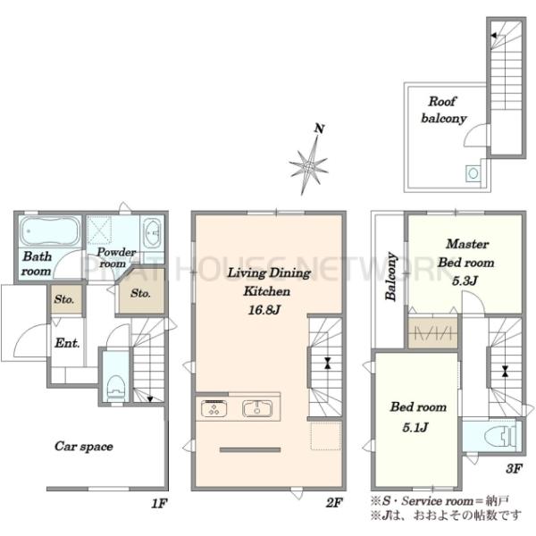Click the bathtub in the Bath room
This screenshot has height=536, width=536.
pyautogui.click(x=50, y=231)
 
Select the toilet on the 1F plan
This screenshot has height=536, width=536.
pyautogui.click(x=116, y=389)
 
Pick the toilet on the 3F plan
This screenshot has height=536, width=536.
pyautogui.click(x=500, y=437)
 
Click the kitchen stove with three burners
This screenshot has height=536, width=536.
pyautogui.click(x=214, y=408)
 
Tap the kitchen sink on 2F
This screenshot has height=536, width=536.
pyautogui.click(x=257, y=408)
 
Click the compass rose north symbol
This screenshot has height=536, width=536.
pyautogui.click(x=309, y=166)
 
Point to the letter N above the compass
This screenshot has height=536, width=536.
pyautogui.click(x=319, y=129)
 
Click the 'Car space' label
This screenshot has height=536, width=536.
pyautogui.click(x=84, y=447)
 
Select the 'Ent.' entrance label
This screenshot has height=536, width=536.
pyautogui.click(x=67, y=343)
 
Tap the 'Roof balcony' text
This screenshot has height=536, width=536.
pyautogui.click(x=443, y=110)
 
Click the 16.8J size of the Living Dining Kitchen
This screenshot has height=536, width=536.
pyautogui.click(x=264, y=310)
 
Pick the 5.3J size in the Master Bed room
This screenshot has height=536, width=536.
pyautogui.click(x=465, y=281)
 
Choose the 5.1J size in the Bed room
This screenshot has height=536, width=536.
pyautogui.click(x=415, y=427)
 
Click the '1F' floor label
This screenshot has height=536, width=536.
pyautogui.click(x=159, y=503)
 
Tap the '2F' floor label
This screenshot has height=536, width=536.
pyautogui.click(x=334, y=502)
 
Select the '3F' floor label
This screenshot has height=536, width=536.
pyautogui.click(x=514, y=468)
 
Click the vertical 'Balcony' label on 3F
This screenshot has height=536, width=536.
pyautogui.click(x=391, y=277)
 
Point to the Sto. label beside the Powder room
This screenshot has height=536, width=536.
pyautogui.click(x=140, y=293)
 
